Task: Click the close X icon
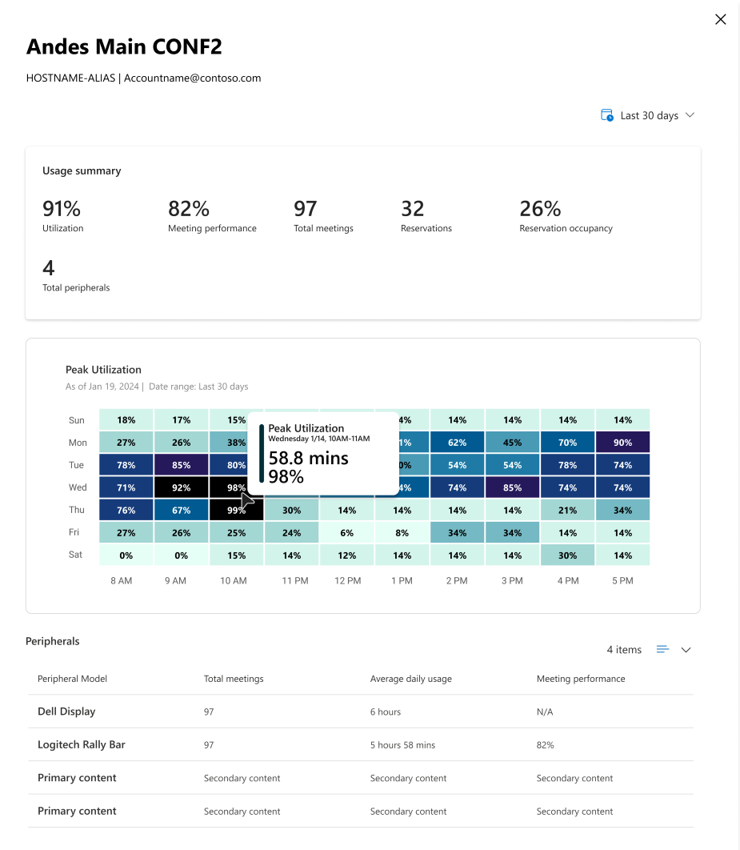721,19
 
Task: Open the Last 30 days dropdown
648,115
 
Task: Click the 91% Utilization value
62,209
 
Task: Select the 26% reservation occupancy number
540,209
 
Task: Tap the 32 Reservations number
412,209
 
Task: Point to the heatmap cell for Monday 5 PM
622,443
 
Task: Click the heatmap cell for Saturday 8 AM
126,555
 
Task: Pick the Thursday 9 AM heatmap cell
182,510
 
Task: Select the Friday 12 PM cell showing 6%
346,533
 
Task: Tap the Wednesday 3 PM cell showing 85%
513,487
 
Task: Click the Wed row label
78,487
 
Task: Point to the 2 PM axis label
457,580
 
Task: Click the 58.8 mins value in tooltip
308,458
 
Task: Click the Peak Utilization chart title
103,370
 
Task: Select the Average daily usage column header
410,679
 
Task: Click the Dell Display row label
66,712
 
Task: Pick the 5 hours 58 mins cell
402,745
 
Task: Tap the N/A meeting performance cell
545,712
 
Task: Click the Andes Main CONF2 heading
124,46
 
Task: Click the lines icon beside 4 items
662,649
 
